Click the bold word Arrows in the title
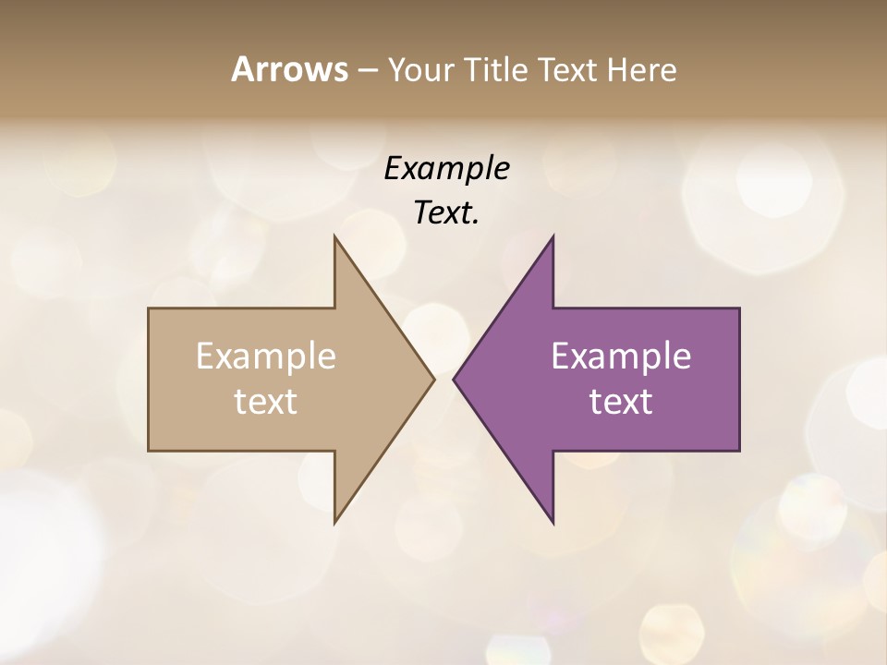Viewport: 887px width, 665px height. tap(289, 69)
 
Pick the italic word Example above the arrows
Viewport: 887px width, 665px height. tap(446, 169)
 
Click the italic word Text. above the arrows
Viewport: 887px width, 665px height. tap(446, 213)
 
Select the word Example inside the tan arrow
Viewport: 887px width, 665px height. tap(266, 357)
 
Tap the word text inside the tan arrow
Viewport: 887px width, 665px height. tap(266, 402)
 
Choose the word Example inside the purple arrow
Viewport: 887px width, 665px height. tap(621, 357)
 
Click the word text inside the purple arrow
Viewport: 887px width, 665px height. tap(621, 402)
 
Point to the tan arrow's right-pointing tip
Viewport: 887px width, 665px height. tap(433, 379)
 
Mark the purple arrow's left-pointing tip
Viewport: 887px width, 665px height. tap(454, 379)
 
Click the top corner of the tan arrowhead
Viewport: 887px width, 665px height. tap(334, 236)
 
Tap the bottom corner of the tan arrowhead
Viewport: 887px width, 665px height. tap(334, 523)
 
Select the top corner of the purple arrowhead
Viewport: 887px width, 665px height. tap(553, 236)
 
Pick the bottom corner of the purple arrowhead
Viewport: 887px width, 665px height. tap(553, 523)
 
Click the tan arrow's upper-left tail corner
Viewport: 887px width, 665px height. tap(149, 308)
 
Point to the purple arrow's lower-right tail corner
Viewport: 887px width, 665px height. tap(739, 450)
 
